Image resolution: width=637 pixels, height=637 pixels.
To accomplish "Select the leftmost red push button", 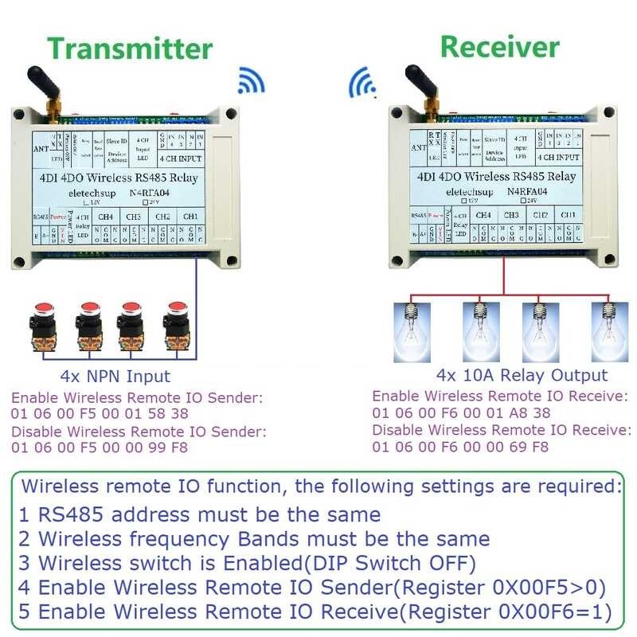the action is pyautogui.click(x=41, y=326).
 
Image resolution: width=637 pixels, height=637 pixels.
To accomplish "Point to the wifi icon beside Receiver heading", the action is pyautogui.click(x=363, y=80).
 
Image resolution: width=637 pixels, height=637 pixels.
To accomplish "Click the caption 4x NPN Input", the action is pyautogui.click(x=115, y=376).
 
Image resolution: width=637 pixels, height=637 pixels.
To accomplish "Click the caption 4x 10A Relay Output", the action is pyautogui.click(x=522, y=375).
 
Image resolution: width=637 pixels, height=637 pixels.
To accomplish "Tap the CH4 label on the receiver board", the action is pyautogui.click(x=483, y=215).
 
